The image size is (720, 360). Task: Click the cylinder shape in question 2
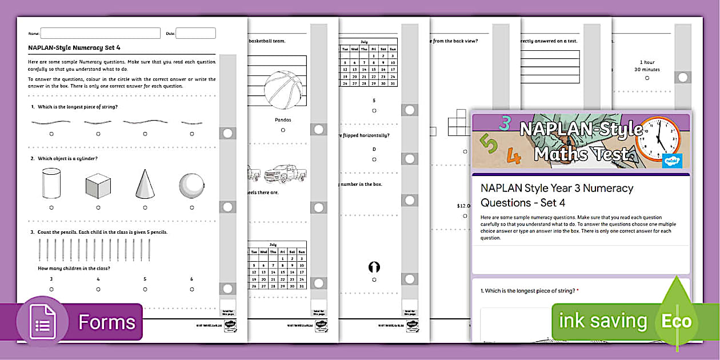click(51, 183)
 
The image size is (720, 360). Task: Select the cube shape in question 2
click(98, 186)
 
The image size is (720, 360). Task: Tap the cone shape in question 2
click(145, 184)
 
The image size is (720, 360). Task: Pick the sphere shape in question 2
click(191, 185)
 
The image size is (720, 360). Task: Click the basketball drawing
click(283, 90)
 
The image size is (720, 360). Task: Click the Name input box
click(100, 33)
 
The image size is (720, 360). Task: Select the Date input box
click(195, 33)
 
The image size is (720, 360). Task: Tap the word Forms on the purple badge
click(107, 322)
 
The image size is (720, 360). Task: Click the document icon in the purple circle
click(44, 323)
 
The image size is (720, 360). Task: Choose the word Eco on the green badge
click(677, 321)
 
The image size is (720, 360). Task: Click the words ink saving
click(602, 321)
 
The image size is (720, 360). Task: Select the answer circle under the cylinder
click(51, 207)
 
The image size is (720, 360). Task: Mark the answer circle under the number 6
click(191, 289)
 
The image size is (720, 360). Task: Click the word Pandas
click(283, 120)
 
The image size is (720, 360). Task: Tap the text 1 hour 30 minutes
click(647, 66)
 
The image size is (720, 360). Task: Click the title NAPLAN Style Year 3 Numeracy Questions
click(557, 195)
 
